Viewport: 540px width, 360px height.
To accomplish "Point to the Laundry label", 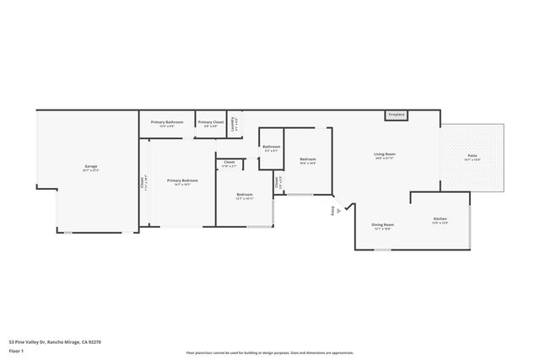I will pyautogui.click(x=236, y=121).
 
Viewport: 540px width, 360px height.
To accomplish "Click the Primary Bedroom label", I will pyautogui.click(x=182, y=181).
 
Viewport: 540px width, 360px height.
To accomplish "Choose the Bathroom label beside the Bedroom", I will pyautogui.click(x=271, y=148).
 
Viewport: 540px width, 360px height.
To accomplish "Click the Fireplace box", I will pyautogui.click(x=397, y=115).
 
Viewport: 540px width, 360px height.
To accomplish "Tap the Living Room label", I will pyautogui.click(x=385, y=155).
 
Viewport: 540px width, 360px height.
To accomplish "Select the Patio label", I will pyautogui.click(x=472, y=156).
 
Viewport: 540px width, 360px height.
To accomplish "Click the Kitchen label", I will pyautogui.click(x=440, y=219).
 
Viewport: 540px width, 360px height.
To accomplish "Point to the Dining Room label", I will pyautogui.click(x=382, y=225).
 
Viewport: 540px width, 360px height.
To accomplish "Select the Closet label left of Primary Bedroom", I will pyautogui.click(x=143, y=182).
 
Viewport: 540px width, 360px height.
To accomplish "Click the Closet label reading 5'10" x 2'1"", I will pyautogui.click(x=229, y=164).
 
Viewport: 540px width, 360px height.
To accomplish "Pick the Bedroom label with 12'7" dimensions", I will pyautogui.click(x=244, y=195).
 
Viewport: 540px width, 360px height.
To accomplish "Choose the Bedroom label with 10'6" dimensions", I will pyautogui.click(x=308, y=160).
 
